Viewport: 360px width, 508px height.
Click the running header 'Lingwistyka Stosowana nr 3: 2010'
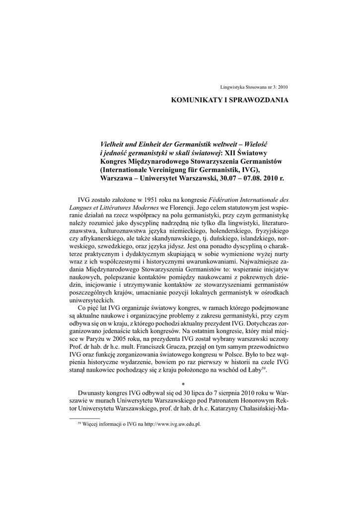coord(253,87)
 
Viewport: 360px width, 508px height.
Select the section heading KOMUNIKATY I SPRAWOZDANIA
coord(229,100)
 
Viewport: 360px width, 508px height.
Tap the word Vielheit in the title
coord(113,143)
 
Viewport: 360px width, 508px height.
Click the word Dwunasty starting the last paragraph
coord(93,396)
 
